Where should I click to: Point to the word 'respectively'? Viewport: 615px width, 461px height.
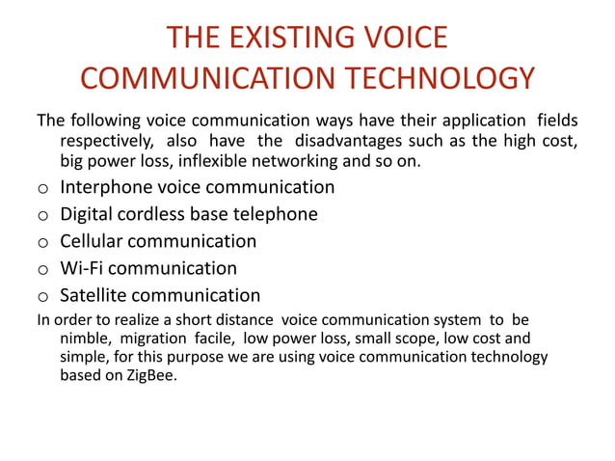(106, 142)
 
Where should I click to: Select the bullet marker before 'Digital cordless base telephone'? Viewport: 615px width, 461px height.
(42, 215)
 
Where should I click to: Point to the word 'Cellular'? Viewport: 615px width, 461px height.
(93, 241)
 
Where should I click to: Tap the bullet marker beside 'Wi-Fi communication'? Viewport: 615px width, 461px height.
(42, 269)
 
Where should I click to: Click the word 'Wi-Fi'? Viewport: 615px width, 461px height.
(84, 268)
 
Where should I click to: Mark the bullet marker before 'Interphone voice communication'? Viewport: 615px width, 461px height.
(42, 188)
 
